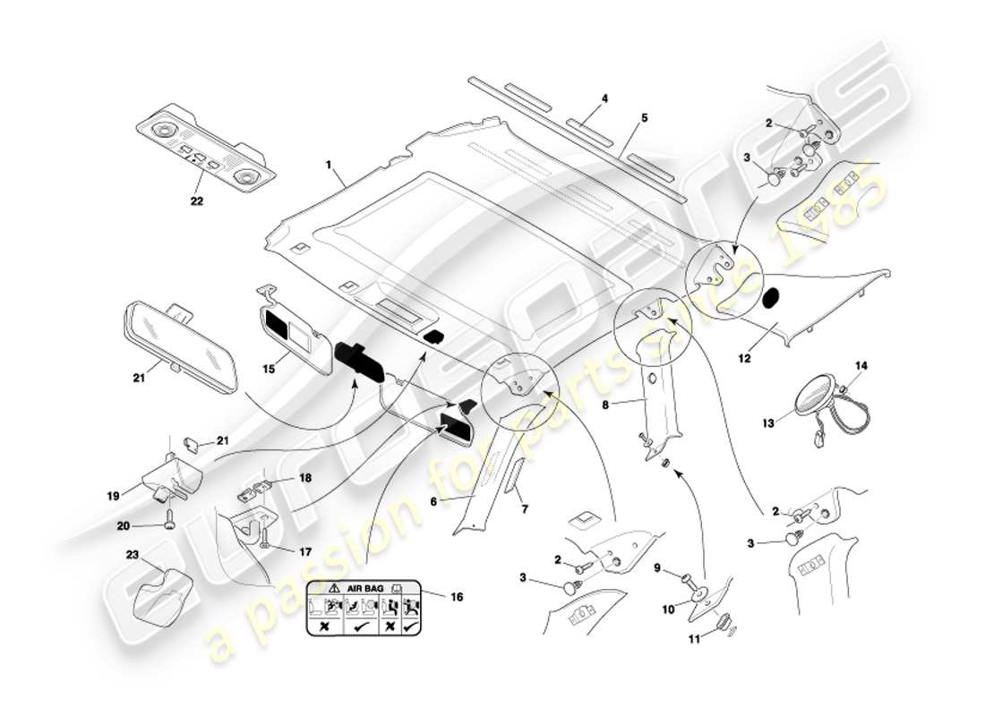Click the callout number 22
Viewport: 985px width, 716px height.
pyautogui.click(x=196, y=201)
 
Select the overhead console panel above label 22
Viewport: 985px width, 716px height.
pyautogui.click(x=205, y=151)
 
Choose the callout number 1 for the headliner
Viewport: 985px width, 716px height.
pyautogui.click(x=329, y=166)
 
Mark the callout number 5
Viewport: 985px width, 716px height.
pyautogui.click(x=645, y=117)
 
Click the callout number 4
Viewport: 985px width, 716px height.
pyautogui.click(x=605, y=98)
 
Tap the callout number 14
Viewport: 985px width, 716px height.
pyautogui.click(x=861, y=365)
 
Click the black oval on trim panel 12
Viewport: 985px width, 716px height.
pyautogui.click(x=771, y=298)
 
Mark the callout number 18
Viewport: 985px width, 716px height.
pyautogui.click(x=305, y=479)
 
